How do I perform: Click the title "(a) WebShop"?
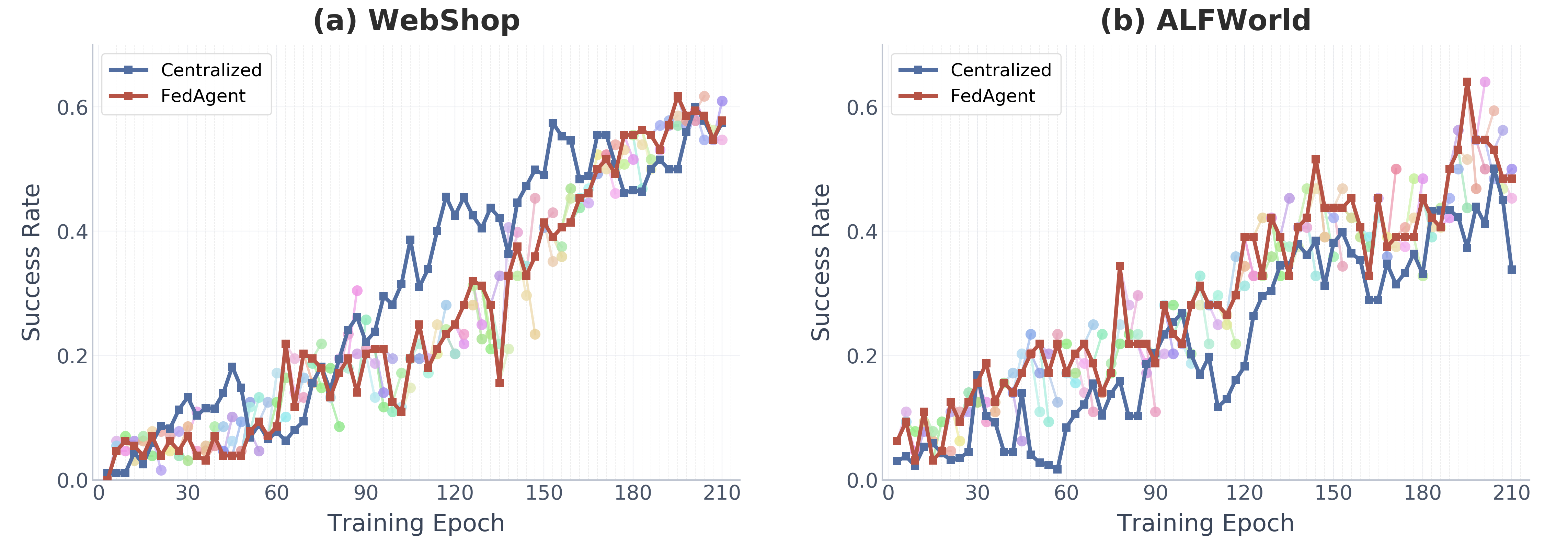416,21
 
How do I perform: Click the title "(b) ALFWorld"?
1205,21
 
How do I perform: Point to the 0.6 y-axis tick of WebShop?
72,108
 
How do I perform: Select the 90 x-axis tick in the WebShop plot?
365,493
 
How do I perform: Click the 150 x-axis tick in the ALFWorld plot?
1333,493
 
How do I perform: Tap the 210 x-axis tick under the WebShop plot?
722,493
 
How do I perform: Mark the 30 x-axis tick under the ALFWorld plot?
977,493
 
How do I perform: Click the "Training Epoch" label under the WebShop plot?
416,523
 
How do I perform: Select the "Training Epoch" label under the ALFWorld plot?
1205,523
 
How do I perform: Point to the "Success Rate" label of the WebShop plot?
31,262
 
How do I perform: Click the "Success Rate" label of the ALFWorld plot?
821,262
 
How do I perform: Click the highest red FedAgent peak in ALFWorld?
1466,82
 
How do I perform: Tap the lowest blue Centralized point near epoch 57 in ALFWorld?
1057,469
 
